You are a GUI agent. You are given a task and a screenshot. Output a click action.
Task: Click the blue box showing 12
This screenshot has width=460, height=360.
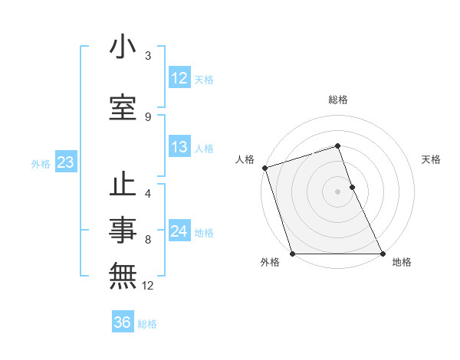click(x=179, y=78)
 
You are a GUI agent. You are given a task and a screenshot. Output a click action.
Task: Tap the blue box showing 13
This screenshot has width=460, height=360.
click(x=179, y=147)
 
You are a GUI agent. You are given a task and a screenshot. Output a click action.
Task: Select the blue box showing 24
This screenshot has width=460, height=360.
click(x=179, y=231)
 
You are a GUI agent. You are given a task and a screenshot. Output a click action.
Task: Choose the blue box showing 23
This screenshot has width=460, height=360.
click(x=64, y=162)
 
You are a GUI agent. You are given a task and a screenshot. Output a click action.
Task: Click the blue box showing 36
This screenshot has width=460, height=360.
click(x=123, y=322)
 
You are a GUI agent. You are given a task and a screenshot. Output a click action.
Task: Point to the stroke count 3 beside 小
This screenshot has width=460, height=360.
click(x=148, y=56)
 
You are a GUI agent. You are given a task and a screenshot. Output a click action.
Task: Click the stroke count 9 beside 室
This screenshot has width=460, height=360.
click(x=148, y=117)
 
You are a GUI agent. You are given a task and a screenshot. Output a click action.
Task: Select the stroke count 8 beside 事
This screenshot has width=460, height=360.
click(x=148, y=240)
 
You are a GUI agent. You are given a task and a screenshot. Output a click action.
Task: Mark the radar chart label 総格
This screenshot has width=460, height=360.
click(x=338, y=100)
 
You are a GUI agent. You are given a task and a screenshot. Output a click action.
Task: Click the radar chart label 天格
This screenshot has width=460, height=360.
click(x=432, y=159)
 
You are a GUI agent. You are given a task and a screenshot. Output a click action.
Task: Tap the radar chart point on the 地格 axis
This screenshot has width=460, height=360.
click(x=383, y=254)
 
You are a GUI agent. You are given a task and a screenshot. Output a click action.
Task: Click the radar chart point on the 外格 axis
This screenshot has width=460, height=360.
click(x=292, y=254)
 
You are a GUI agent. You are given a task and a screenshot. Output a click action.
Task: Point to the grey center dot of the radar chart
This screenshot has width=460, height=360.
click(x=337, y=191)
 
